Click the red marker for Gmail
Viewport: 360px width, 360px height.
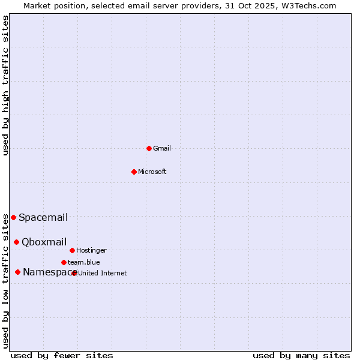coord(149,148)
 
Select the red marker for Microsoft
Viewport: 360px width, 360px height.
coord(134,172)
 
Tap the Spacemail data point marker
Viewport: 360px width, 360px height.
coord(13,217)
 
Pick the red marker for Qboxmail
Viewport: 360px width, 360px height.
coord(16,242)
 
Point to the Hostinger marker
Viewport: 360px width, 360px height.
coord(72,250)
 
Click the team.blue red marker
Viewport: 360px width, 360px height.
coord(64,262)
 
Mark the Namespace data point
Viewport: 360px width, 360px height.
coord(17,272)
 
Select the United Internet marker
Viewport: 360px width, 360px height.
coord(74,273)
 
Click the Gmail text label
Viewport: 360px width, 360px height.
coord(162,148)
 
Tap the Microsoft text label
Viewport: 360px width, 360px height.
coord(152,172)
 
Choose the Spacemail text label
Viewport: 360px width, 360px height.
coord(43,217)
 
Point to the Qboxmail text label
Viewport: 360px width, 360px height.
coord(44,242)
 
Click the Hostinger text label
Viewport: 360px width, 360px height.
coord(92,250)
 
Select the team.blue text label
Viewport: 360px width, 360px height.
coord(84,262)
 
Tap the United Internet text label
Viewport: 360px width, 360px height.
coord(103,273)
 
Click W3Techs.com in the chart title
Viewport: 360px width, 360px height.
coord(307,5)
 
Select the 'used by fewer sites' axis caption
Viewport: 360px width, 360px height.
coord(62,355)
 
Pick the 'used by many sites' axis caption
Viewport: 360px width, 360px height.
coord(301,355)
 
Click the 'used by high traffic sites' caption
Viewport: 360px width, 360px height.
coord(6,85)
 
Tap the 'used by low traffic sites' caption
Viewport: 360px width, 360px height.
coord(6,281)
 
